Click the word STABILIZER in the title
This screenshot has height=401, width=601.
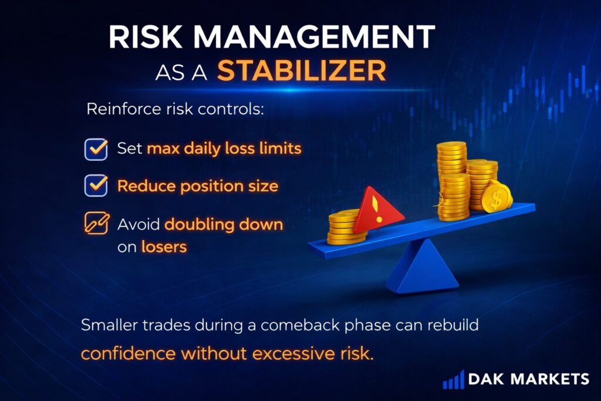click(301, 70)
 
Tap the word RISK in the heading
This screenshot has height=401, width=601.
click(145, 36)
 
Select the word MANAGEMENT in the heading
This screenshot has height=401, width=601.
click(314, 36)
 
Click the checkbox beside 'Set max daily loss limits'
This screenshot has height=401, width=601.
click(96, 149)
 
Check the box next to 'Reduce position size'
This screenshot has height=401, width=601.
click(96, 186)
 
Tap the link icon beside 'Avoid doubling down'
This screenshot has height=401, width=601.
click(97, 223)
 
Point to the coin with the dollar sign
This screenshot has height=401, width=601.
click(497, 197)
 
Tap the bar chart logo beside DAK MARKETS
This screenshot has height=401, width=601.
click(454, 379)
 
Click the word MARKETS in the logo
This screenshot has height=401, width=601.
click(550, 379)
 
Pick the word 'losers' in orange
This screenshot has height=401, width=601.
click(164, 247)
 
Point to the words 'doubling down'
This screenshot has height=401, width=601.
click(224, 225)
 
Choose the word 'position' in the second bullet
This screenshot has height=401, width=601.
click(212, 187)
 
